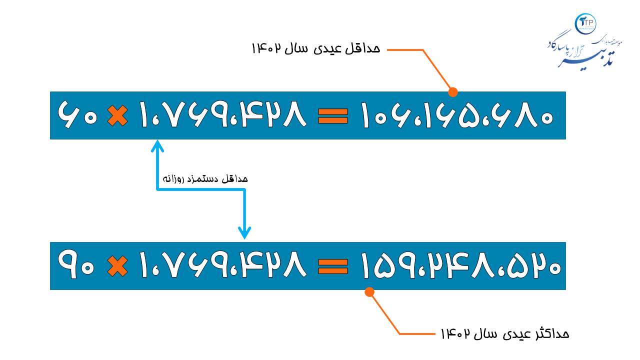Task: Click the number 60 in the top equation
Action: tap(77, 114)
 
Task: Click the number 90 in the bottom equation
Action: tap(77, 265)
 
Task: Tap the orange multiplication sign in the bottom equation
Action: tap(117, 266)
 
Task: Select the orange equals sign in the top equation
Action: tap(333, 115)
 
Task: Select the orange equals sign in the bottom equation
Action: tap(333, 266)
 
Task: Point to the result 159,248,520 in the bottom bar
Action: tap(460, 266)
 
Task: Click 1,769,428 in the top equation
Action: tap(222, 115)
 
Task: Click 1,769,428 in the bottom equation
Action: tap(222, 266)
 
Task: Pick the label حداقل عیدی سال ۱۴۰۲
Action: tap(315, 48)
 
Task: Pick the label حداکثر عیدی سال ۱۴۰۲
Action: tap(504, 333)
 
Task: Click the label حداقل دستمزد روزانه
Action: tap(205, 178)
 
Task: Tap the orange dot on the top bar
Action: tap(453, 92)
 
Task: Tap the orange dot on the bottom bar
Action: tap(369, 292)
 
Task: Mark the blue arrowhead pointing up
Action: tap(157, 145)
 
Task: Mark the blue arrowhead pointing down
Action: tap(244, 233)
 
